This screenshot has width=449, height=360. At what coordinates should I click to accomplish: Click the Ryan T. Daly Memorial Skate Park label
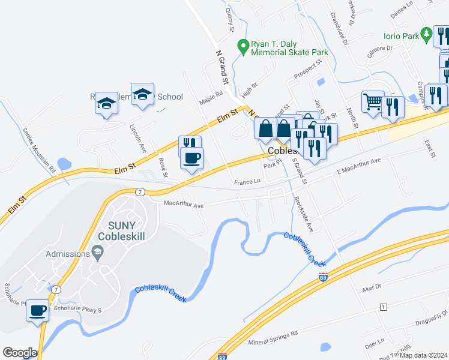[289, 48]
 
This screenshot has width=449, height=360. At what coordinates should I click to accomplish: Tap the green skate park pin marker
[243, 46]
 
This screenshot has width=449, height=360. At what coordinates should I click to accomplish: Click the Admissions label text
[61, 254]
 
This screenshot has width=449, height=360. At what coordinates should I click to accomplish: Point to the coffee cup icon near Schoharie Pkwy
[38, 310]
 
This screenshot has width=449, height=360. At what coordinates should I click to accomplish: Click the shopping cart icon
[372, 103]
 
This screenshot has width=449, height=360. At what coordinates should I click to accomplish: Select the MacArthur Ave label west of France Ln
[184, 205]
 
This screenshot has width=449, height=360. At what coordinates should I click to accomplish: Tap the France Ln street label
[247, 181]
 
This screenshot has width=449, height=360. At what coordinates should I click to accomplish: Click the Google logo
[20, 353]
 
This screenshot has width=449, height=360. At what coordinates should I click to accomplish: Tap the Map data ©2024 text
[423, 355]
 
